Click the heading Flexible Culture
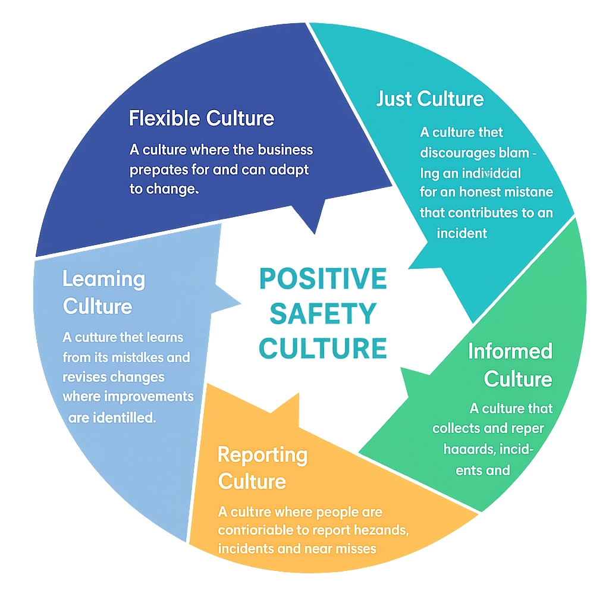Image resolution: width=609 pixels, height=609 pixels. [x=201, y=118]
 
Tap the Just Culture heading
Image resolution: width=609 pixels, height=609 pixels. [x=430, y=99]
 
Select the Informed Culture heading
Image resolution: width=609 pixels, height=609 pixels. [x=510, y=365]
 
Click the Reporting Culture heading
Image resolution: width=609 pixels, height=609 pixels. [x=262, y=467]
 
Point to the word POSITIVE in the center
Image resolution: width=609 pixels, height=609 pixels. [x=323, y=278]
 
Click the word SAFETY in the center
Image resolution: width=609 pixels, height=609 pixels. [x=323, y=313]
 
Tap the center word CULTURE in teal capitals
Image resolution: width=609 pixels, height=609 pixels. [x=323, y=348]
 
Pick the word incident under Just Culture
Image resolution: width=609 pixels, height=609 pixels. [x=462, y=233]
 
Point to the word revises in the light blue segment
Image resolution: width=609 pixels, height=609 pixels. [x=83, y=377]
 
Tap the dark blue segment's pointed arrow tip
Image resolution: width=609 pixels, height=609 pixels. [x=313, y=233]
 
